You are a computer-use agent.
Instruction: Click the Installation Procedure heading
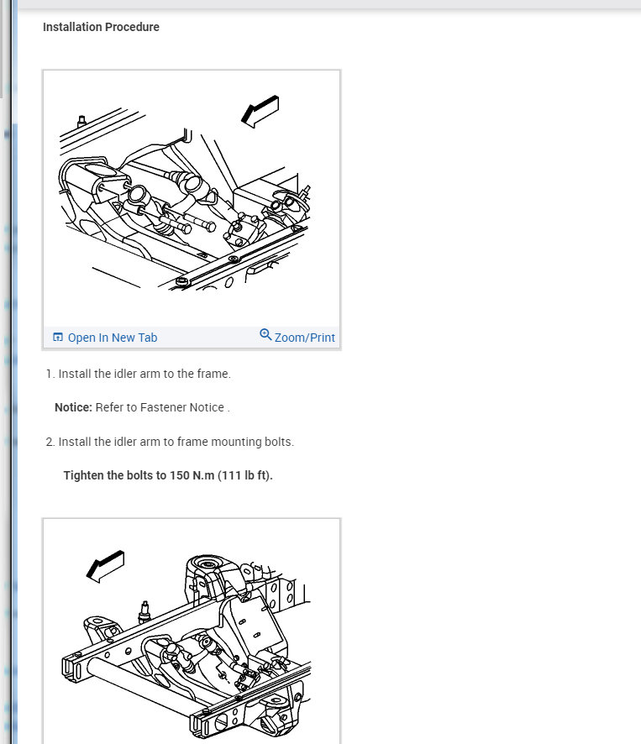pos(101,27)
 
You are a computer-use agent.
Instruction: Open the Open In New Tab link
pos(113,338)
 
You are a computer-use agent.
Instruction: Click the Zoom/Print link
pos(305,338)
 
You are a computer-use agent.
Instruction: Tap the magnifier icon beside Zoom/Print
pos(265,334)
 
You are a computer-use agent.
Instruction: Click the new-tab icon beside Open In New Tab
pos(57,337)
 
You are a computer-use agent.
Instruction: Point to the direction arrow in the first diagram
pos(260,111)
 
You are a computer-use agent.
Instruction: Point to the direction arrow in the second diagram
pos(105,566)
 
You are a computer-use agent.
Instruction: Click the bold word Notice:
pos(73,407)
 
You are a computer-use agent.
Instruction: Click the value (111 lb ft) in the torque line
pos(245,475)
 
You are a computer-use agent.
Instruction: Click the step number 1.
pos(50,374)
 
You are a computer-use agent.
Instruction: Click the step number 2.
pos(50,442)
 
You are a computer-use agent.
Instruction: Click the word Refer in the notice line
pos(108,407)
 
